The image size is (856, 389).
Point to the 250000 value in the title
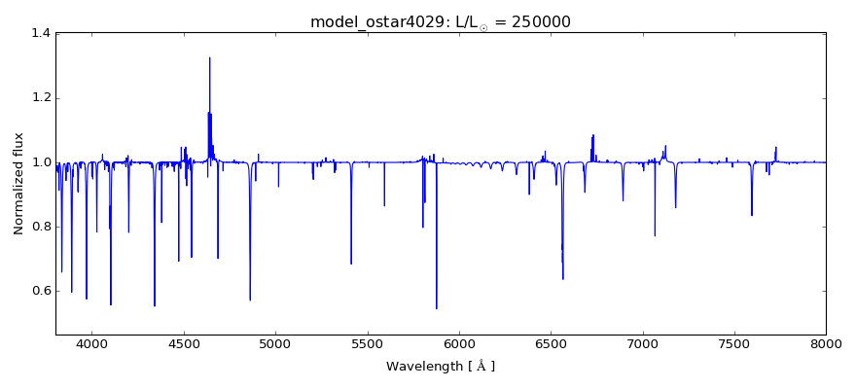(536, 22)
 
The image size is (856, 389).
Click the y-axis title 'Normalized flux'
(18, 185)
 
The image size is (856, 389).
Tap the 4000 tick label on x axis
(92, 344)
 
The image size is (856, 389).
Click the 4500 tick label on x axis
(184, 344)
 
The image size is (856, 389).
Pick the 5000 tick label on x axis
(275, 344)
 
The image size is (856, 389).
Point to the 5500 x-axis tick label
(367, 344)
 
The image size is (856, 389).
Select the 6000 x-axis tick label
(459, 344)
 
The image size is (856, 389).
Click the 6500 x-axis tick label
(551, 344)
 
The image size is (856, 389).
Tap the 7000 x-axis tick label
(642, 344)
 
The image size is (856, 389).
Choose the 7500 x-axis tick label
(733, 344)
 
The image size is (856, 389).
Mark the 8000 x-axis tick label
(825, 344)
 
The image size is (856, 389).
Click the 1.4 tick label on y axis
(41, 34)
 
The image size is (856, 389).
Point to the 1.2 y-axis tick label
(41, 98)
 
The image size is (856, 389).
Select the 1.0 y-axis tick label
(41, 162)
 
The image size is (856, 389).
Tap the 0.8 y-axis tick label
(41, 227)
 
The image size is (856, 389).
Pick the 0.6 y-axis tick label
(41, 291)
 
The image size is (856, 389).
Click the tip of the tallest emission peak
(209, 57)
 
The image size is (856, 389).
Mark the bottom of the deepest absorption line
(437, 309)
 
